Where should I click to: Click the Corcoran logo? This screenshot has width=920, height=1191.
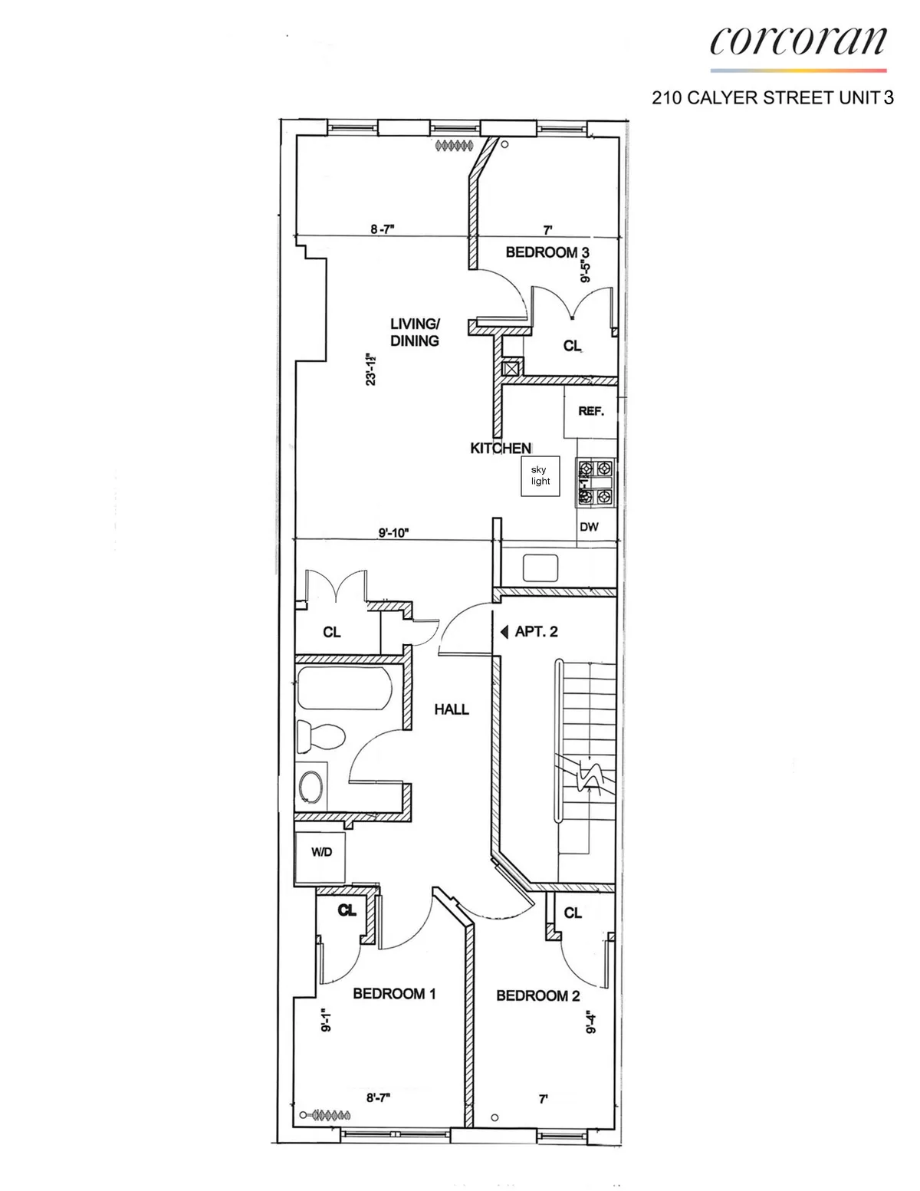(798, 42)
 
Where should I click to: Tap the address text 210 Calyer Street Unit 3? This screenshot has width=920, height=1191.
(772, 98)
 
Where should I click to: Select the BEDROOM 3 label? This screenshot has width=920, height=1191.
(547, 252)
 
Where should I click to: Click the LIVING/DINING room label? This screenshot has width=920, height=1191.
(415, 333)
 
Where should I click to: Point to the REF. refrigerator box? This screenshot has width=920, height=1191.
(591, 412)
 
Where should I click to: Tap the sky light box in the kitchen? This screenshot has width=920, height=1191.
(540, 476)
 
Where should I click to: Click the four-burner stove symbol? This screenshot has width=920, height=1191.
(596, 482)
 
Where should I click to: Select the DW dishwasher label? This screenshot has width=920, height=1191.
(589, 527)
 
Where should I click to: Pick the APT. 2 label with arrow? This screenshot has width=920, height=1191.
(530, 632)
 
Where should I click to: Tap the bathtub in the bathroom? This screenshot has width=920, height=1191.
(344, 689)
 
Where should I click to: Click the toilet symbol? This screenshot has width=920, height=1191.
(321, 737)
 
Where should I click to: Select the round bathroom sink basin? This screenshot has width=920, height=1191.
(311, 787)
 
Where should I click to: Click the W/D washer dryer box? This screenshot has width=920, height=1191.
(321, 853)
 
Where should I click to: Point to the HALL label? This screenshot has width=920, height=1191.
(452, 709)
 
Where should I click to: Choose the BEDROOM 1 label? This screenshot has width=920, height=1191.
(394, 994)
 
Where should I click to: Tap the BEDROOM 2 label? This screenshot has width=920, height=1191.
(537, 996)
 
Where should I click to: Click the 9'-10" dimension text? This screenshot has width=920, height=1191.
(394, 532)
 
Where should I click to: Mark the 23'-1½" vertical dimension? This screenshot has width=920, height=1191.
(372, 369)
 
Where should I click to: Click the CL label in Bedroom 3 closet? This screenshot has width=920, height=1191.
(572, 346)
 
